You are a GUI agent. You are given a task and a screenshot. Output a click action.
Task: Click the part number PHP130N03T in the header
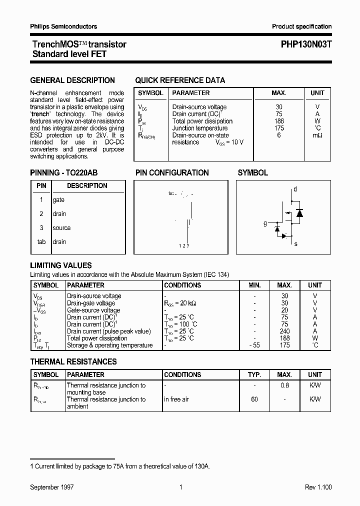coord(302,44)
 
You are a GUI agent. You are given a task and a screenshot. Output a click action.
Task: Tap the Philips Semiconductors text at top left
coord(63,26)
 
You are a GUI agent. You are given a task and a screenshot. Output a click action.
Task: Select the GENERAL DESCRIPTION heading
coord(72,80)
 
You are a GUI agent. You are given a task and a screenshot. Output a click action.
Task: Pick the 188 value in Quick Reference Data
coord(279,121)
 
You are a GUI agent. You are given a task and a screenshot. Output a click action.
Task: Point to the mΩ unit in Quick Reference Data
coord(317,135)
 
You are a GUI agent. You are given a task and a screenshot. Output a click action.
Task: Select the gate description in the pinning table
coord(58,200)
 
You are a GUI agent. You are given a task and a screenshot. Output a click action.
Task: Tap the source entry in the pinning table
coord(61,228)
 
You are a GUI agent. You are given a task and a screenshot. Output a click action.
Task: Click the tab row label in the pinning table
coord(41,242)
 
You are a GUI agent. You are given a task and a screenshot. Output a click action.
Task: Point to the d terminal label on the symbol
coord(295,189)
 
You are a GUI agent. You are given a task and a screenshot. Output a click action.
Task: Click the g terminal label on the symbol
coord(265,223)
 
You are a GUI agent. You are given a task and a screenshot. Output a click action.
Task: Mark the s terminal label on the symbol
coord(296,244)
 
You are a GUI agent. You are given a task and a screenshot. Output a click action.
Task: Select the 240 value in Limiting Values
coord(284,331)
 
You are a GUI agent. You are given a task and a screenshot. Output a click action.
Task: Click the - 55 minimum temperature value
coord(254,345)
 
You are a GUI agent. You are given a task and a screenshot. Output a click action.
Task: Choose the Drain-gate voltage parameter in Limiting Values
coord(91,303)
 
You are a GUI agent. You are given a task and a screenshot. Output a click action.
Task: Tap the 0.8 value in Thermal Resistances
coord(284,385)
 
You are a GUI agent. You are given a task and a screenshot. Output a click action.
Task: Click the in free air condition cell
coord(176,399)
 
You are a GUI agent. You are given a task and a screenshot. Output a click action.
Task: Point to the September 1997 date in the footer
coord(52,487)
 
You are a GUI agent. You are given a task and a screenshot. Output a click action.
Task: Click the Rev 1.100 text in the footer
coord(318,487)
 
